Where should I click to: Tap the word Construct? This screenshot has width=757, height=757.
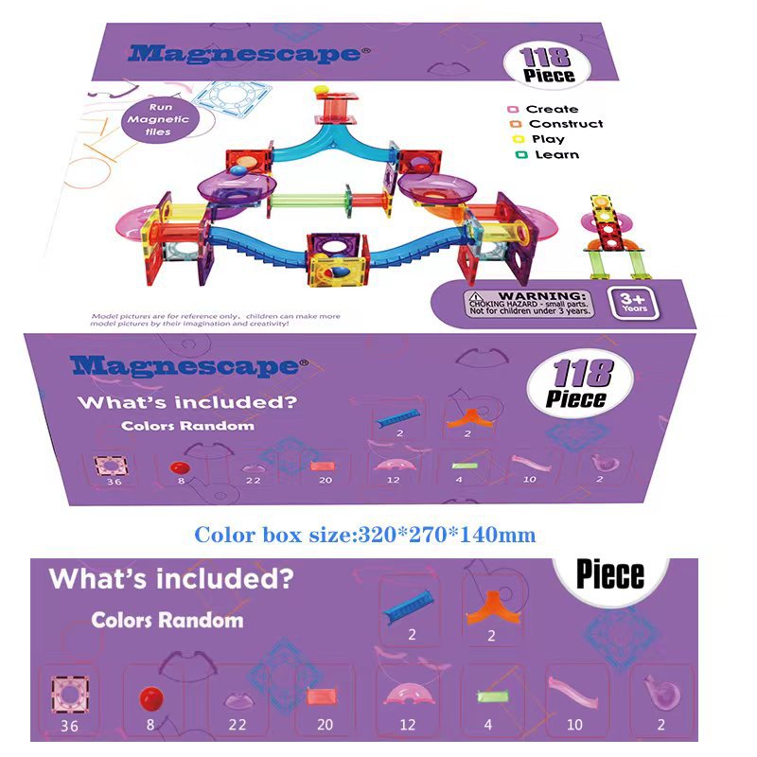click(565, 124)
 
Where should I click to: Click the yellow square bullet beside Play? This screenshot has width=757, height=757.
click(518, 139)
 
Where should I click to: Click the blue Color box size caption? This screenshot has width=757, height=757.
click(365, 535)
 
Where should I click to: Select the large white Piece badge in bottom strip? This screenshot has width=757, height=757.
click(610, 573)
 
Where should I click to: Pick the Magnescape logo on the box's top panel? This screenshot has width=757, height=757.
click(243, 53)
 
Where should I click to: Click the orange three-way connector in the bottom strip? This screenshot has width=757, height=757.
click(490, 607)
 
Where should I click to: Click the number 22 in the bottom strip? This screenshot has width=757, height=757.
click(237, 725)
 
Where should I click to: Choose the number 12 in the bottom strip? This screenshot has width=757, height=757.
click(407, 725)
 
